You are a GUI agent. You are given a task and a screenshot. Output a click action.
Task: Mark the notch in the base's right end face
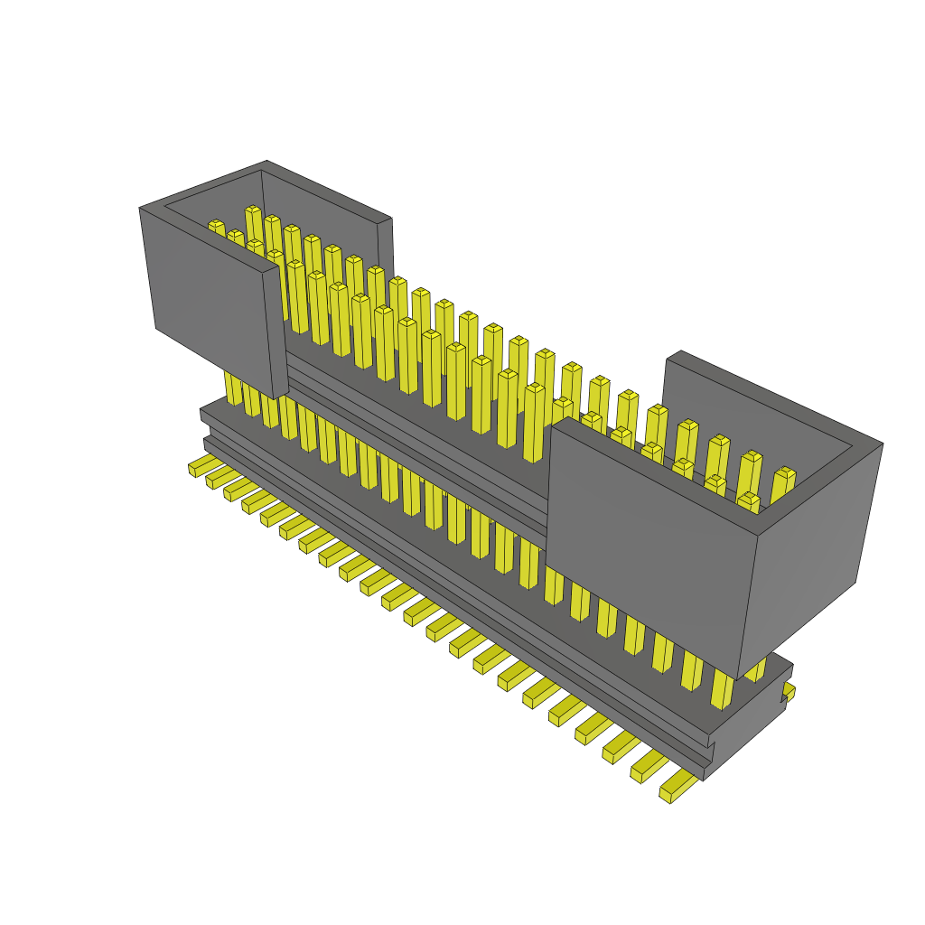(782, 697)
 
